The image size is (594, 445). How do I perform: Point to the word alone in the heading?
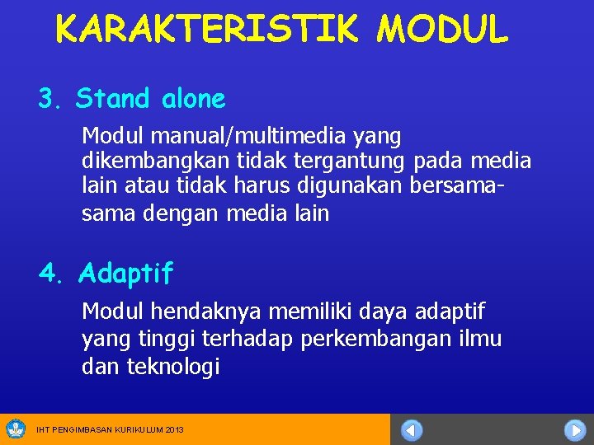193,100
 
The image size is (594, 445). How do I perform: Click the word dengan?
179,213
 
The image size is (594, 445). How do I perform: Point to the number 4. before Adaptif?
51,274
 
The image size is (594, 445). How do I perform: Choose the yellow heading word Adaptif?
126,274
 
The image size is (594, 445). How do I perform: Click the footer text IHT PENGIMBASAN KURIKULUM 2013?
111,430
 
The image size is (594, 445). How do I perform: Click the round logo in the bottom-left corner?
16,429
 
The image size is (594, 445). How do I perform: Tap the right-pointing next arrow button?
575,430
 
